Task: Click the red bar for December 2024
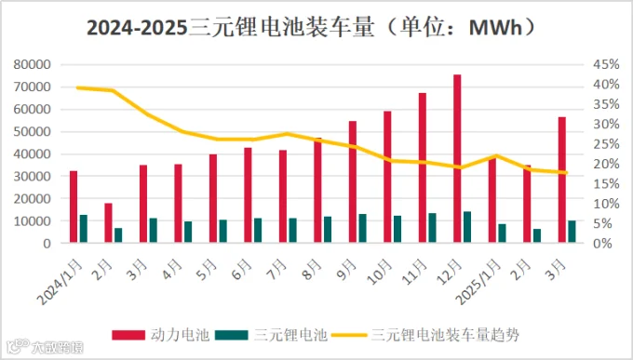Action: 457,158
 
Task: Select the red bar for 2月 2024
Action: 108,222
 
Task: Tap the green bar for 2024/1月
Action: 84,229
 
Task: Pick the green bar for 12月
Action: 467,227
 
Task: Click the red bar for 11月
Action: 423,167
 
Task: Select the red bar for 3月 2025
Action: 562,180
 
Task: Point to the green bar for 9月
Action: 362,228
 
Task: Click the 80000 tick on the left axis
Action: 32,64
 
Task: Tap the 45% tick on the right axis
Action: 606,64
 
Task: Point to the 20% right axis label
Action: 606,164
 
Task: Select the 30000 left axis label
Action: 32,176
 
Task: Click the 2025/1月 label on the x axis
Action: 478,282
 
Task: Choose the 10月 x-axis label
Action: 380,272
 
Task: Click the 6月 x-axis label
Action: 242,270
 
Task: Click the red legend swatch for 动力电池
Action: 128,335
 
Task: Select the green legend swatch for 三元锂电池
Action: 231,335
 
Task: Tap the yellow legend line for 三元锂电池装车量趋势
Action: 349,335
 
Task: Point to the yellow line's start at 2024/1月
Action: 77,87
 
